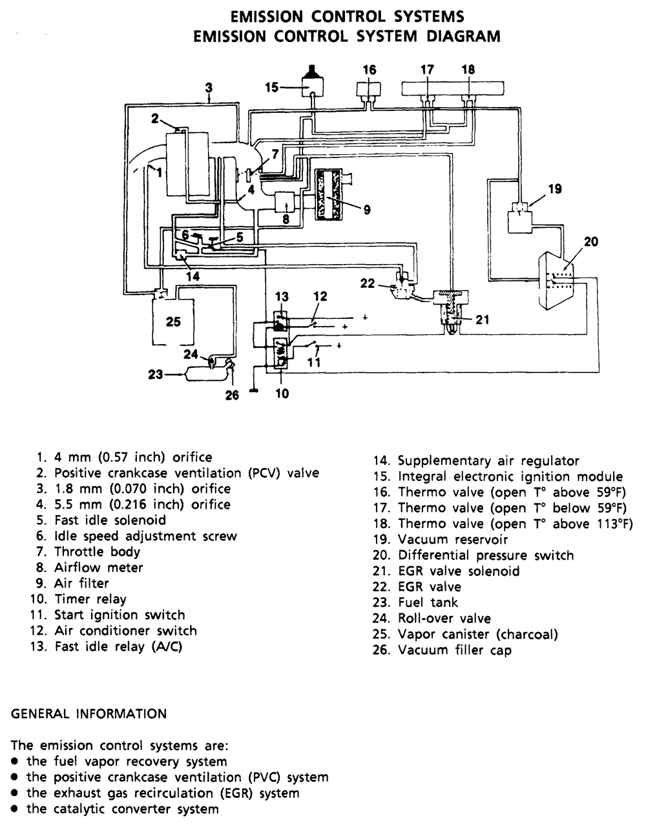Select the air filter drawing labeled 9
click(x=330, y=194)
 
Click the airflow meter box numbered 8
click(x=285, y=203)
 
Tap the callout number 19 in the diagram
click(x=555, y=189)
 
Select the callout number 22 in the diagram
click(x=367, y=283)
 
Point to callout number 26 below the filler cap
click(x=231, y=395)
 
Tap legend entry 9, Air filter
click(x=72, y=584)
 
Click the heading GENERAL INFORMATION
click(x=89, y=714)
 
